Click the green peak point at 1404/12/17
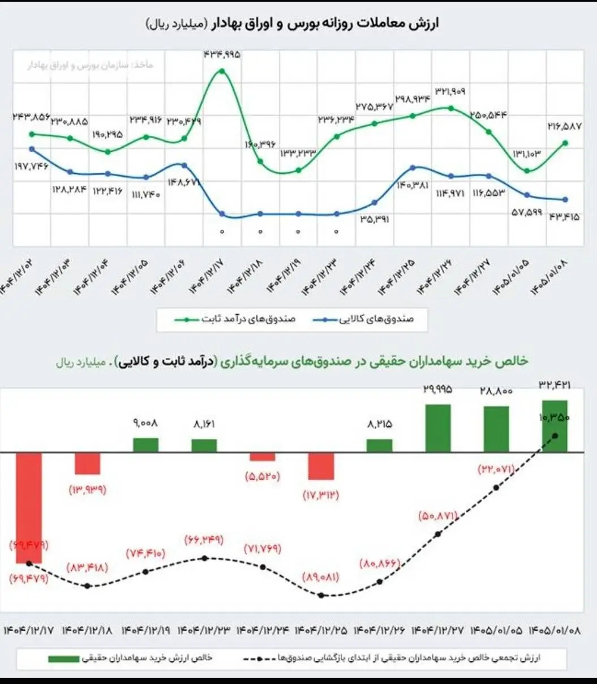tap(222, 71)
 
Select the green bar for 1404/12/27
tap(437, 428)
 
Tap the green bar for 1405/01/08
tap(554, 426)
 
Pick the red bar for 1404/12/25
tap(321, 466)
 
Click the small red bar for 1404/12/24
tap(263, 457)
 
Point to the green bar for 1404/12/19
tap(146, 445)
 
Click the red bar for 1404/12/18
tap(88, 463)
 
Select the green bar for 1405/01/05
tap(496, 429)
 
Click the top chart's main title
tap(292, 24)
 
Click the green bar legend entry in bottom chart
tap(130, 658)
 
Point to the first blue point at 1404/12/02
tap(32, 149)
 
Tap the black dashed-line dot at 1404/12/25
tap(321, 595)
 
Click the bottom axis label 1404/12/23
tap(204, 630)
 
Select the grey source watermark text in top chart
tap(91, 66)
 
